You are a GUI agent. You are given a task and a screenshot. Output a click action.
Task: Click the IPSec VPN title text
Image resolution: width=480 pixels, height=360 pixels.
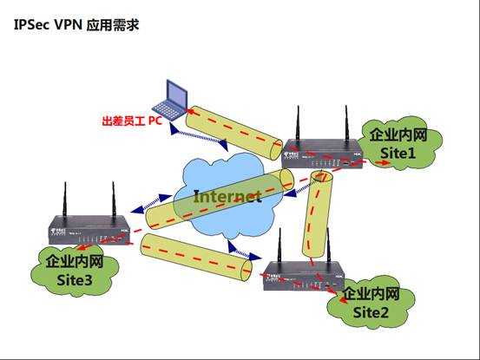76,26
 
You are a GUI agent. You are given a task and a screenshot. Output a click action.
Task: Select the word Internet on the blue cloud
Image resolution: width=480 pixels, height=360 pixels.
227,197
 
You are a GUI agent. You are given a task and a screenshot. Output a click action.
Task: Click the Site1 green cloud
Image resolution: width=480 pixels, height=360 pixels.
398,144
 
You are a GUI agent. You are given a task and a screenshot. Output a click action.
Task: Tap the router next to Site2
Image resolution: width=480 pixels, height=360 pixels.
299,276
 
